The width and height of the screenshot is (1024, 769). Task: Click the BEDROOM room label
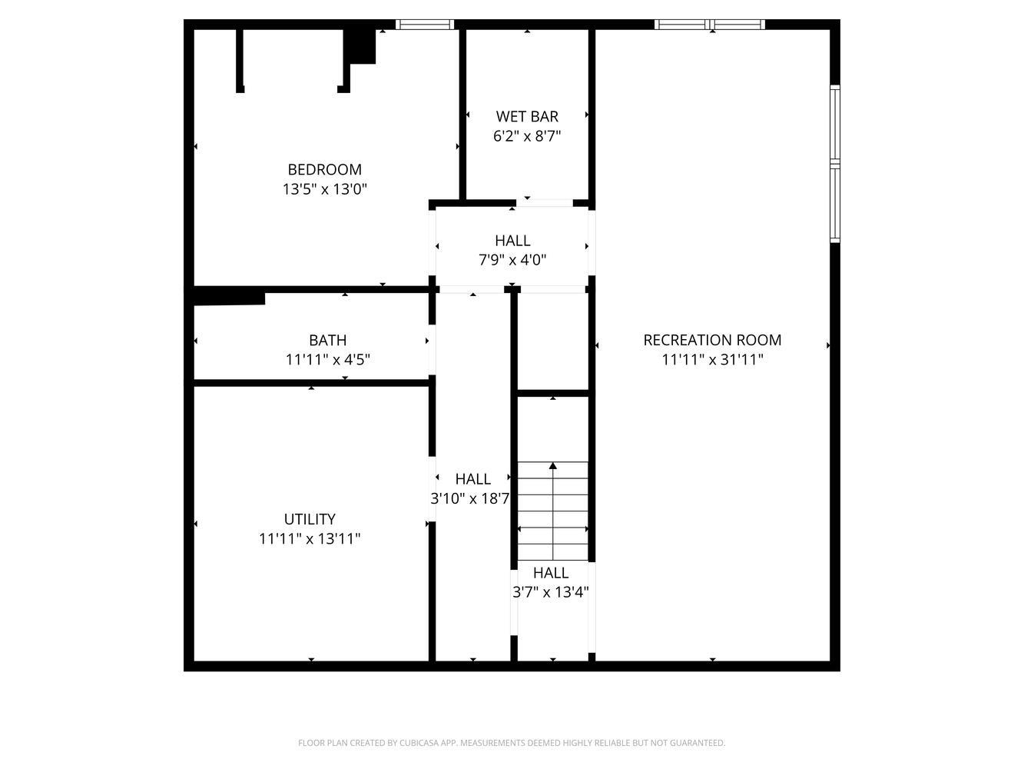[x=324, y=169]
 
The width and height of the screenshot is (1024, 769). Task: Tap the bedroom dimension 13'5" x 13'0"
[x=324, y=189]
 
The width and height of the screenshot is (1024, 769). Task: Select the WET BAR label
[x=527, y=116]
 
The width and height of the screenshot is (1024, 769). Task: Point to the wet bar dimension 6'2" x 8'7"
[x=527, y=136]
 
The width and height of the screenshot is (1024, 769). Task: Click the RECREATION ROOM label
[x=712, y=340]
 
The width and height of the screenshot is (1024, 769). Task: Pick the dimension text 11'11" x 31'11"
[x=712, y=359]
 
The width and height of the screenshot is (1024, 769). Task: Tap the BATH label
[x=327, y=340]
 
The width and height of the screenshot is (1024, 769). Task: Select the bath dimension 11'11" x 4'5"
[x=327, y=359]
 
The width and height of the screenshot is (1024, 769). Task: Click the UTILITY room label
[x=310, y=519]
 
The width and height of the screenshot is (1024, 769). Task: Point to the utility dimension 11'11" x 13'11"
[x=310, y=539]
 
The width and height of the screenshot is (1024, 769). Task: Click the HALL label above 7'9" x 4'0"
[x=512, y=241]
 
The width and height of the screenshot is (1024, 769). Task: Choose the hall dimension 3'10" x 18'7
[x=470, y=498]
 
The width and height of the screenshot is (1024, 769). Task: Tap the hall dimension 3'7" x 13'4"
[x=550, y=592]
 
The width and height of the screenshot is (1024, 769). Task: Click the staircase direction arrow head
[x=553, y=466]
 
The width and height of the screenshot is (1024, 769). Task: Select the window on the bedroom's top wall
[x=425, y=25]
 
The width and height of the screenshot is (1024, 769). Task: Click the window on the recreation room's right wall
[x=834, y=164]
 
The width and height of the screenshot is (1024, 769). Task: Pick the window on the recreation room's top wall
[x=710, y=25]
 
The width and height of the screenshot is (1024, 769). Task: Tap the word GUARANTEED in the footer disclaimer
[x=698, y=743]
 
